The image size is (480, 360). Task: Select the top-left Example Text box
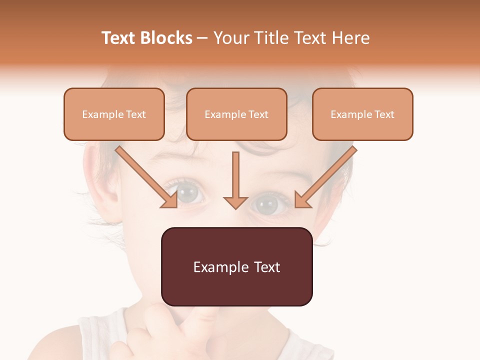[114, 114]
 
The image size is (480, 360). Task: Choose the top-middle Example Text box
[236, 114]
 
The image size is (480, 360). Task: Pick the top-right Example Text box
[362, 114]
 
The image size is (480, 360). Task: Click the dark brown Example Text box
[236, 266]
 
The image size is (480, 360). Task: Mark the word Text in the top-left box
[136, 114]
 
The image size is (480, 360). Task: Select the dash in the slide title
[202, 38]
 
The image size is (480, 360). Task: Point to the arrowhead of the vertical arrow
[235, 202]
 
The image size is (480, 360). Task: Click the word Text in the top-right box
[384, 114]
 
